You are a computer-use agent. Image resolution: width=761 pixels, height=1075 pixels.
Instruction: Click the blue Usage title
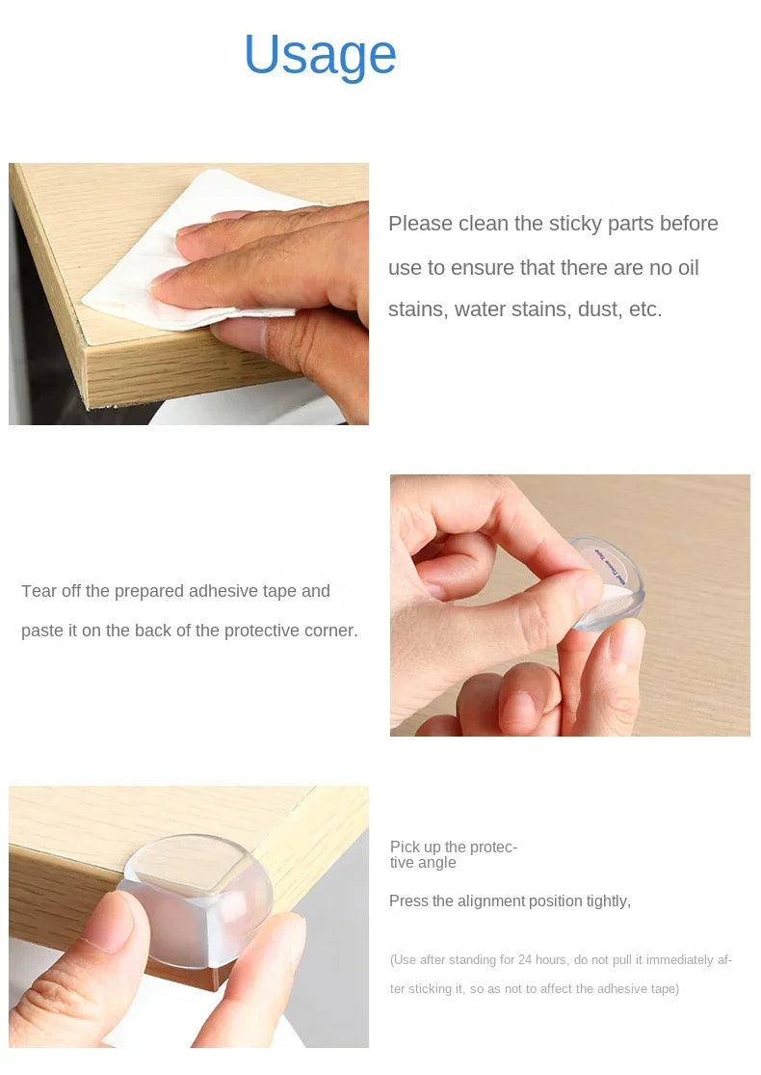coord(320,56)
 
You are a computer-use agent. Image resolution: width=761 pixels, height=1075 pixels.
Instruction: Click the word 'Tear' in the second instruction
coord(39,591)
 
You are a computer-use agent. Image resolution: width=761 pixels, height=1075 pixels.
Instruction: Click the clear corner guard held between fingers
coord(606,582)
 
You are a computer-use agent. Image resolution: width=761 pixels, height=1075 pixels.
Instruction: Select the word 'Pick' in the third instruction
coord(405,847)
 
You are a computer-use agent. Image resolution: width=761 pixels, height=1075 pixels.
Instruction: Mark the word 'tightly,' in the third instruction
coord(609,900)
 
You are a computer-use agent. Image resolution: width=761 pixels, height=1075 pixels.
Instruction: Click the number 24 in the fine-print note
coord(525,960)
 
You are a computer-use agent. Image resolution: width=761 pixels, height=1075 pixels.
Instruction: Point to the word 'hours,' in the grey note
coord(552,960)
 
